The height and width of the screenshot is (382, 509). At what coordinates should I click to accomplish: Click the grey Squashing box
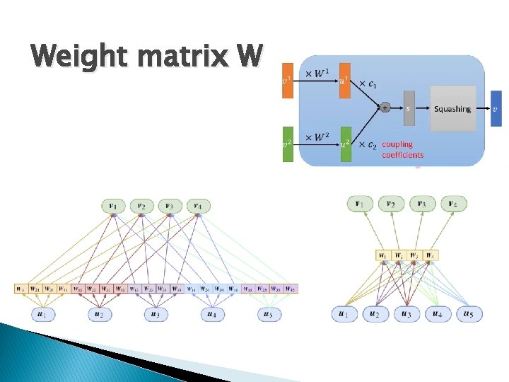click(x=452, y=109)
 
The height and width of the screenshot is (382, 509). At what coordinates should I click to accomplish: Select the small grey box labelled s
click(x=409, y=109)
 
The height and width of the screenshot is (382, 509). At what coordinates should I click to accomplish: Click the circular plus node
click(x=385, y=108)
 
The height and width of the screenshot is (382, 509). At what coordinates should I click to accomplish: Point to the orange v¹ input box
click(x=287, y=80)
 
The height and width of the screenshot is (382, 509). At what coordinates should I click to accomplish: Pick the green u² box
click(x=345, y=144)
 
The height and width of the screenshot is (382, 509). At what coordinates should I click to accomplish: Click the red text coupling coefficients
click(x=402, y=149)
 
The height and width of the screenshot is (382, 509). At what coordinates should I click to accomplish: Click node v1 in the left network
click(x=113, y=206)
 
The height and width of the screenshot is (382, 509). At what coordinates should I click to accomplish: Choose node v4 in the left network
click(x=197, y=206)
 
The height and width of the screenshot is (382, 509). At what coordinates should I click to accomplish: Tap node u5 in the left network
click(x=267, y=314)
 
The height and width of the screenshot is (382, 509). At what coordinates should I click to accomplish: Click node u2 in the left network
click(x=100, y=314)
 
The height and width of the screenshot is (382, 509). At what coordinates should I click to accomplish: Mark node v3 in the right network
click(x=422, y=204)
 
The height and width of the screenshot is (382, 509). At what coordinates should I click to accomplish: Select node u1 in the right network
click(x=344, y=313)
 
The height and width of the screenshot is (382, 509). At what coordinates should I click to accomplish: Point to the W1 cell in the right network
click(x=382, y=255)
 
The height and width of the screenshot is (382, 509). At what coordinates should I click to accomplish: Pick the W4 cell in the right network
click(x=430, y=255)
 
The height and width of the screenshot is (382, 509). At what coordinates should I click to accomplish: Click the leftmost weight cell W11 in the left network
click(x=21, y=289)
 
